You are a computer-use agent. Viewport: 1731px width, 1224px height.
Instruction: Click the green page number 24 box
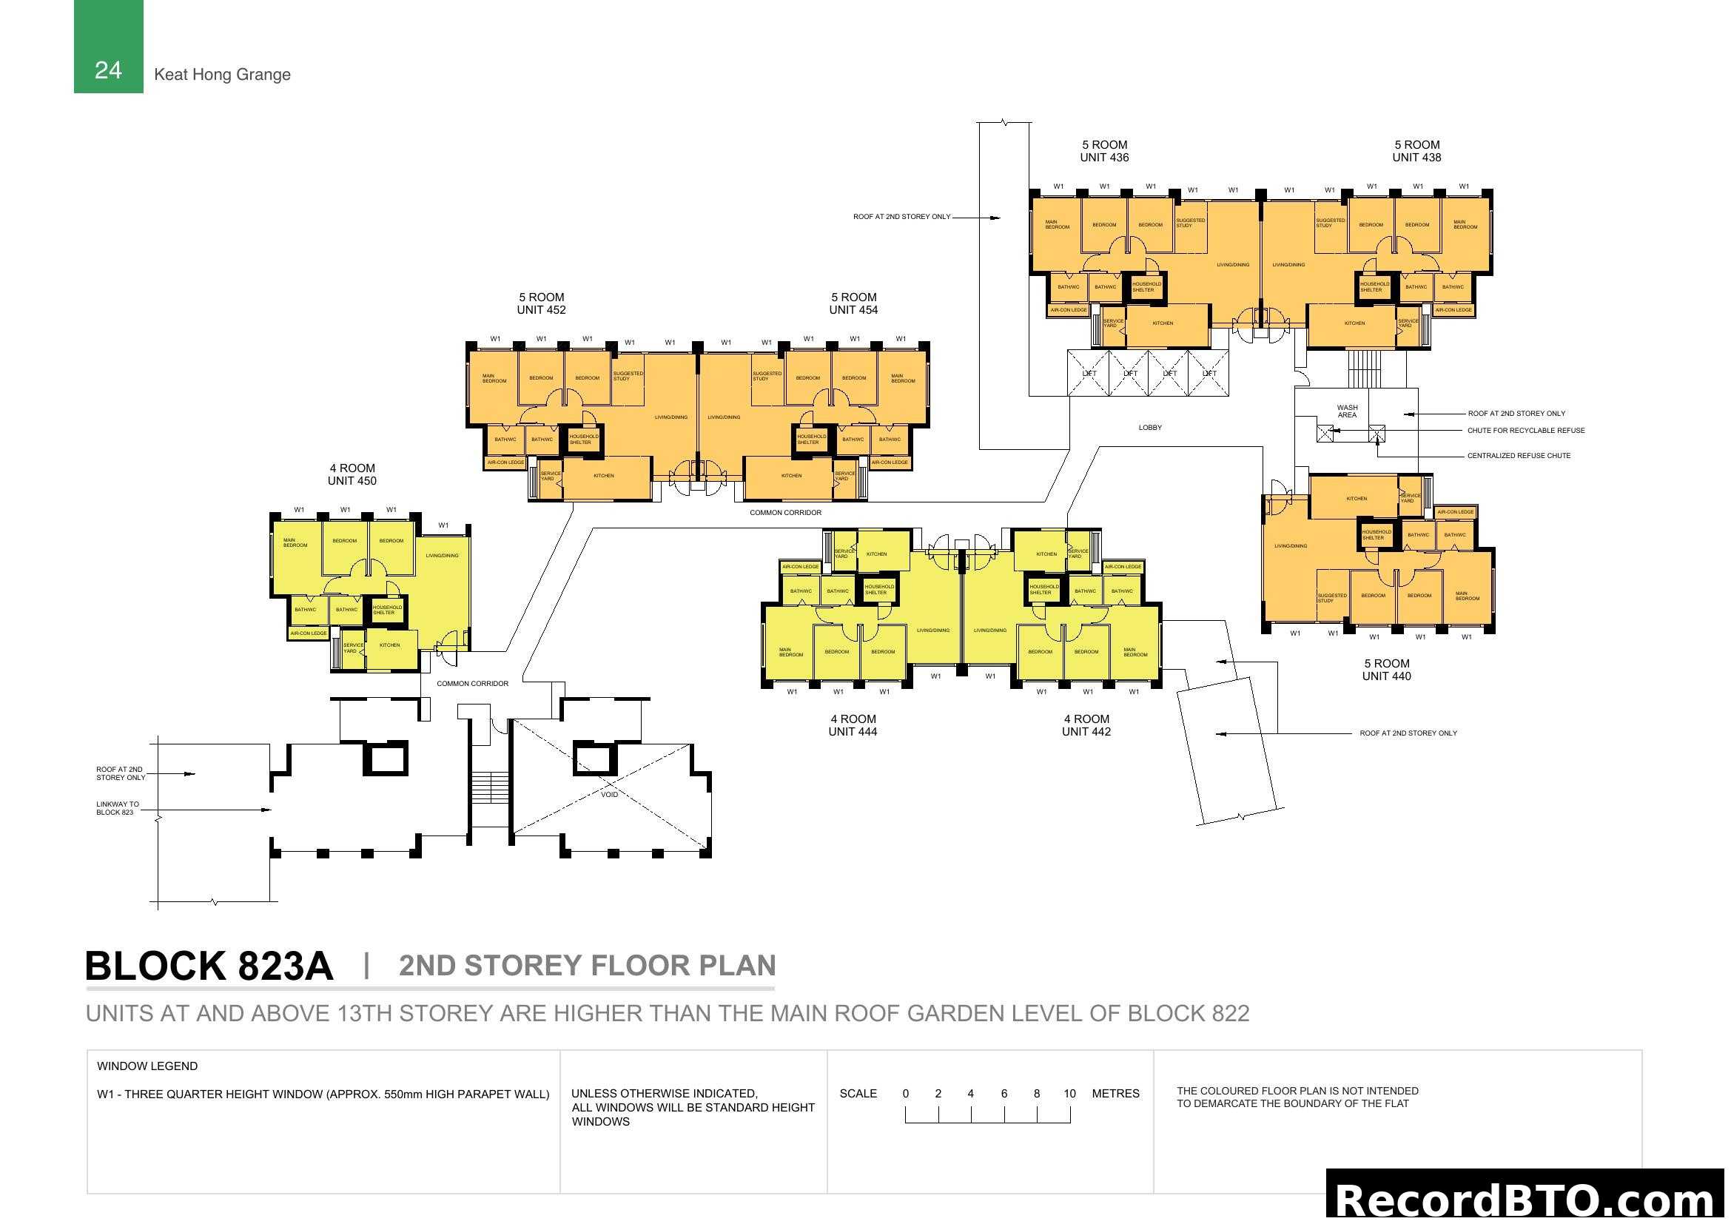[x=109, y=47]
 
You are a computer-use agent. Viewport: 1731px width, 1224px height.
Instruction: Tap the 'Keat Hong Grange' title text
[x=222, y=75]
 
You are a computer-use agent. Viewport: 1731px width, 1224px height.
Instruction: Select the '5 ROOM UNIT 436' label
[x=1103, y=151]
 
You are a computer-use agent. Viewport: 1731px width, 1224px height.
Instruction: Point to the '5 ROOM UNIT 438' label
[x=1416, y=151]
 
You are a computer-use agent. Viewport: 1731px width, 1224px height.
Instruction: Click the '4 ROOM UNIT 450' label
[x=352, y=474]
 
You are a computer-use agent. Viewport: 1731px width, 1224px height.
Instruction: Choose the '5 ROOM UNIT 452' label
[x=540, y=303]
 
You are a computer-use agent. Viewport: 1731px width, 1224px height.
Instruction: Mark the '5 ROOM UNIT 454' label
[x=853, y=303]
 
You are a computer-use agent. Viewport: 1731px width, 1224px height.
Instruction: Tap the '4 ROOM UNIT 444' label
[x=852, y=724]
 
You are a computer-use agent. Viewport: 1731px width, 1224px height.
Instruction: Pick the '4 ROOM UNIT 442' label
[x=1086, y=724]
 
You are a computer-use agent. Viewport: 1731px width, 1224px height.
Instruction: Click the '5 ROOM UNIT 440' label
[x=1385, y=669]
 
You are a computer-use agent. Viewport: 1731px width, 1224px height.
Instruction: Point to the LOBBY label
[x=1149, y=427]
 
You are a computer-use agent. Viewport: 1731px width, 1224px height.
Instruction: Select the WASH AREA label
[x=1346, y=411]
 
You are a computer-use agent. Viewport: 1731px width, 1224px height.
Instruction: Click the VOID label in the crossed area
[x=609, y=794]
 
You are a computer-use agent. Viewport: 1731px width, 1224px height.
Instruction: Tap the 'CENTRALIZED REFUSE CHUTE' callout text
[x=1519, y=455]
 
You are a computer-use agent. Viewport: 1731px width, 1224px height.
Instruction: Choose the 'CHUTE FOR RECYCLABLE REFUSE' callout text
[x=1525, y=431]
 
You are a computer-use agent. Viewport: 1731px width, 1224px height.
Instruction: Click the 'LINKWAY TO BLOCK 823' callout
[x=117, y=808]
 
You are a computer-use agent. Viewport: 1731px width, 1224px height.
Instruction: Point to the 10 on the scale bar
[x=1069, y=1093]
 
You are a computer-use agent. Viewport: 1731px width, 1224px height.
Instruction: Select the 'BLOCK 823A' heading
[x=209, y=966]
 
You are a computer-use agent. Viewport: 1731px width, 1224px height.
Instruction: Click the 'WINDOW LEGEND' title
[x=147, y=1066]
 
